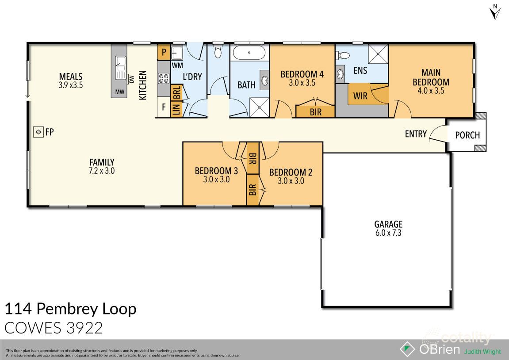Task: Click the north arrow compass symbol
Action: [495, 12]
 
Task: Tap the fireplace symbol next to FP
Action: [38, 132]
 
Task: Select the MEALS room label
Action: [71, 77]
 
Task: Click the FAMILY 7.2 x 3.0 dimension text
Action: [102, 171]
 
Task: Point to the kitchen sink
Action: [120, 68]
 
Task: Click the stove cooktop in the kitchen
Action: [163, 78]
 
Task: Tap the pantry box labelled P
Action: [164, 52]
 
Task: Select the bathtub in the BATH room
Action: [249, 53]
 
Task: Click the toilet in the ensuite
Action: [343, 56]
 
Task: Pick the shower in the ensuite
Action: [378, 54]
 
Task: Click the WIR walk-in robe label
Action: [360, 96]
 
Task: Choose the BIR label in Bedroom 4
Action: [316, 112]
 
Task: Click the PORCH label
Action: [467, 135]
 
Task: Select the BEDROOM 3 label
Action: [216, 171]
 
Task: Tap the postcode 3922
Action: [84, 328]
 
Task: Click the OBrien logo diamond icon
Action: [407, 349]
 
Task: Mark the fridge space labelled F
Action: [164, 107]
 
